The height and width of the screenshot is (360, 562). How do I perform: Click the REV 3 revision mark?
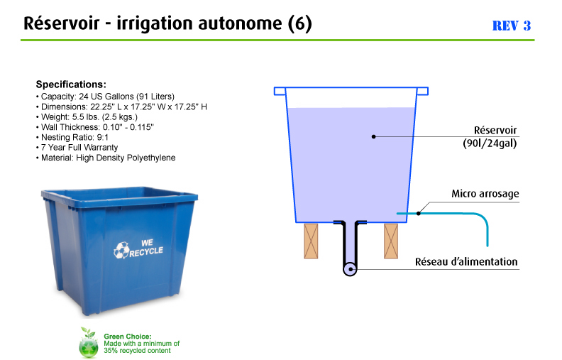511,26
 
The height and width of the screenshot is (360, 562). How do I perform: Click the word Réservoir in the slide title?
61,23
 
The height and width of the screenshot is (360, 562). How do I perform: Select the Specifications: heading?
71,84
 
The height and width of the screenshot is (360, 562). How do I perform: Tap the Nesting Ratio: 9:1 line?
72,137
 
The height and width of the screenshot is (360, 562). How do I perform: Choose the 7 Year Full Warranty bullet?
77,148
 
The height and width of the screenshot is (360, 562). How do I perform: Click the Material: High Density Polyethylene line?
106,158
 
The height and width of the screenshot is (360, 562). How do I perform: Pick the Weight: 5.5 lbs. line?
87,117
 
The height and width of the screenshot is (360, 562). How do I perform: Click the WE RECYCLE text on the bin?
146,248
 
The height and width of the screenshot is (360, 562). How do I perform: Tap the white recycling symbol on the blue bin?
121,250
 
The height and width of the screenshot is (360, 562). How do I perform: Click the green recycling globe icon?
89,343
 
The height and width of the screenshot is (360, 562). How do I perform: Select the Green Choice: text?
128,337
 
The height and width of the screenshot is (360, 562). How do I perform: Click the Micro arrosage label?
485,194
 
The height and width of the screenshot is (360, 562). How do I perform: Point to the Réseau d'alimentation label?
466,261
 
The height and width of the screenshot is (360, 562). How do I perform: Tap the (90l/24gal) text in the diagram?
490,143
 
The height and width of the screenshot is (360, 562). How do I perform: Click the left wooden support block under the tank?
311,241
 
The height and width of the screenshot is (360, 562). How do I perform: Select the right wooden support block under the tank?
391,241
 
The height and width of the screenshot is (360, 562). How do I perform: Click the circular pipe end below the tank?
350,269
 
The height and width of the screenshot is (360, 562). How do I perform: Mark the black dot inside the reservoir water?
373,136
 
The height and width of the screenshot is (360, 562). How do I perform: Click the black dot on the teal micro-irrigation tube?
418,213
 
